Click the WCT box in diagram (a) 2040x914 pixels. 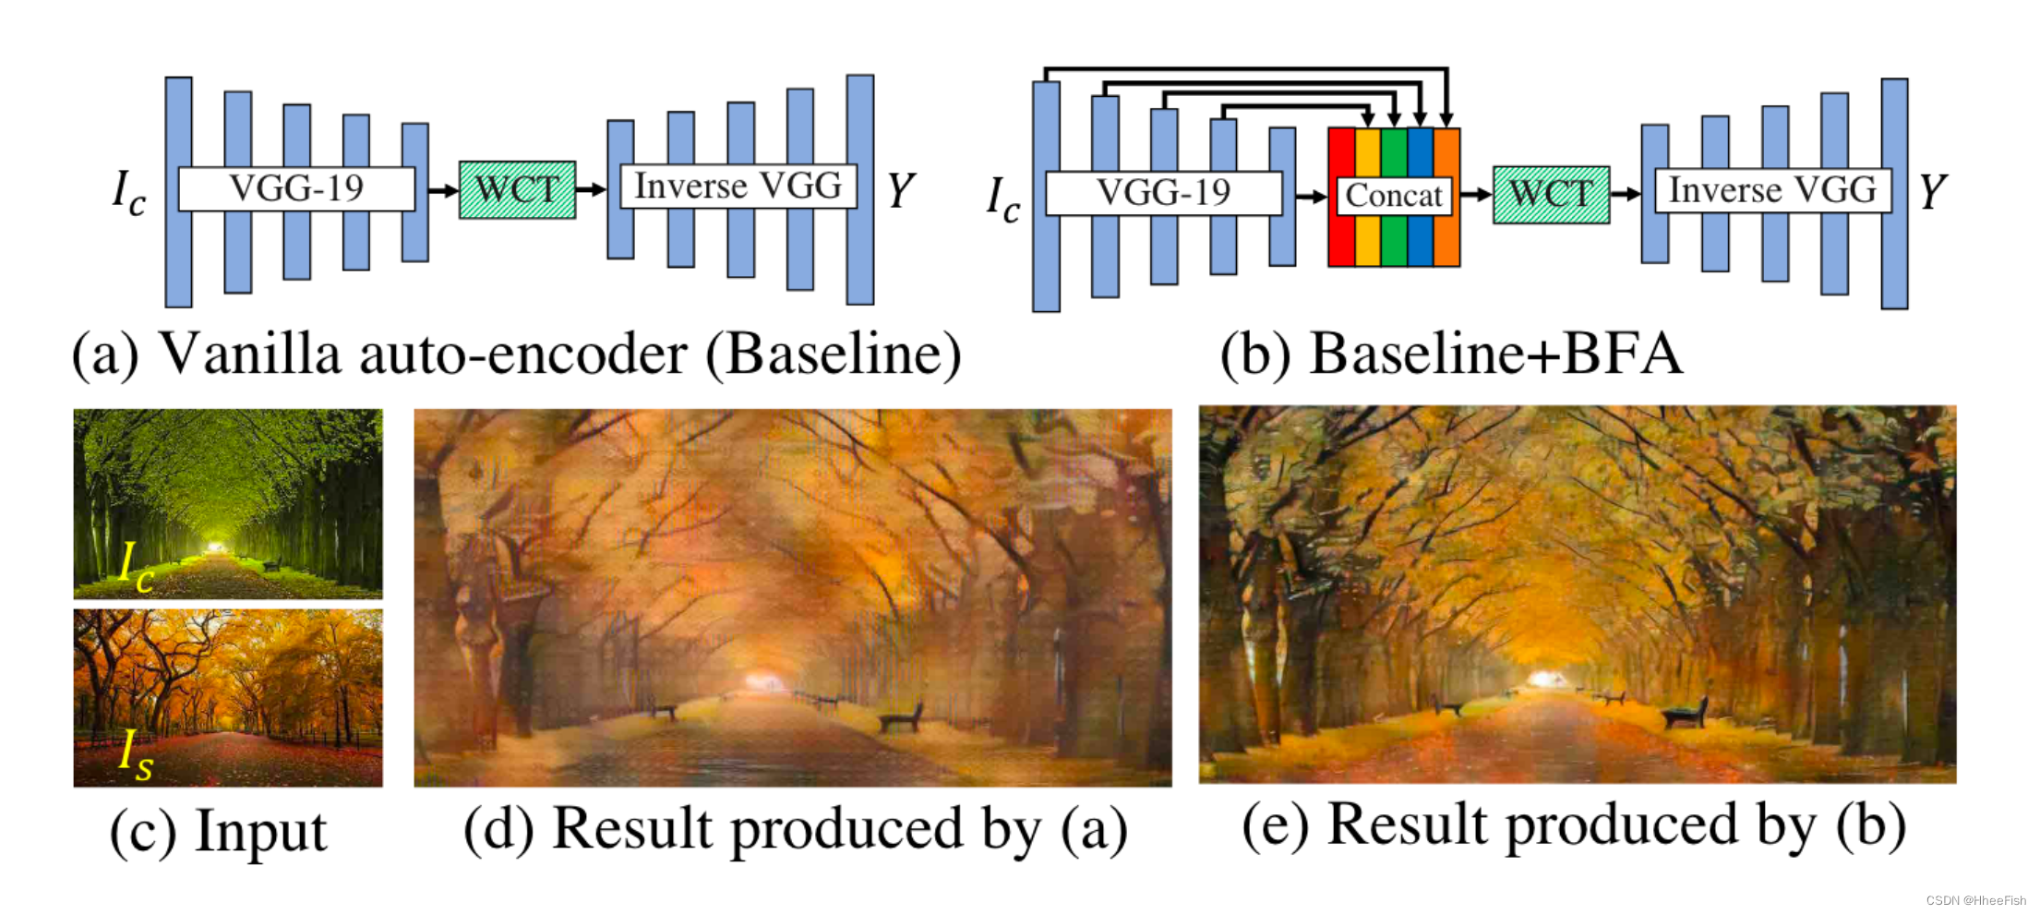pyautogui.click(x=517, y=190)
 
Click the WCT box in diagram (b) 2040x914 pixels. pyautogui.click(x=1551, y=195)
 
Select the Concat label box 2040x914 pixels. pyautogui.click(x=1393, y=196)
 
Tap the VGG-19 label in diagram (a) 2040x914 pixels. pyautogui.click(x=296, y=188)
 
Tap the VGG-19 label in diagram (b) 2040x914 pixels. pyautogui.click(x=1163, y=193)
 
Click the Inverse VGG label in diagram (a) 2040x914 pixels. pyautogui.click(x=738, y=186)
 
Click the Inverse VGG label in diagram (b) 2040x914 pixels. pyautogui.click(x=1772, y=190)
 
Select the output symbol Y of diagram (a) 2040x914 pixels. pyautogui.click(x=900, y=190)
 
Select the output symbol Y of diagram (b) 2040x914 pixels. pyautogui.click(x=1932, y=192)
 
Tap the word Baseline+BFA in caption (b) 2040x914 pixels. pyautogui.click(x=1495, y=355)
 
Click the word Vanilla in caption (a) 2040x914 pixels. pyautogui.click(x=250, y=355)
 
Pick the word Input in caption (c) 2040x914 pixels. pyautogui.click(x=260, y=832)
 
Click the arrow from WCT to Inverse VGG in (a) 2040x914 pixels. pyautogui.click(x=591, y=189)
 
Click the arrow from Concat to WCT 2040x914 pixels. pyautogui.click(x=1476, y=195)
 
